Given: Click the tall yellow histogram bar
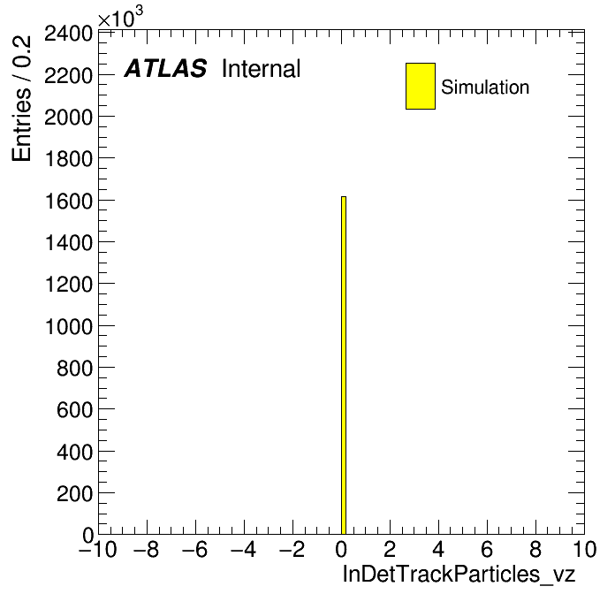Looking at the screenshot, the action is [x=344, y=365].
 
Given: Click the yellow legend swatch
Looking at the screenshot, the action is [x=421, y=86].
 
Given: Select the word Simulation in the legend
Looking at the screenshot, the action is [x=485, y=88].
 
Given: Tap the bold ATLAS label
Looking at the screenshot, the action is [x=165, y=68].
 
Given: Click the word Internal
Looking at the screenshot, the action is [x=262, y=69].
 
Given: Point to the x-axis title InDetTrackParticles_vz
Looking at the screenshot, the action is [x=459, y=574].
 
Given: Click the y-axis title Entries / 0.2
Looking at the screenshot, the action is [x=21, y=98].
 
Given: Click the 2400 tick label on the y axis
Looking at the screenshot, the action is [x=68, y=34].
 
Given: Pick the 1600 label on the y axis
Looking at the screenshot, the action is [x=69, y=202].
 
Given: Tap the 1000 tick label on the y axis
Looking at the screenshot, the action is [x=69, y=326].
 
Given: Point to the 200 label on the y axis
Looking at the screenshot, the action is [x=74, y=493].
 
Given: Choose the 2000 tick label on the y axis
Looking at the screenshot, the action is [x=68, y=118].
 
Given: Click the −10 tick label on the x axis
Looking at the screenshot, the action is [x=98, y=549].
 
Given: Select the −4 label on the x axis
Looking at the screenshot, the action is [x=243, y=549].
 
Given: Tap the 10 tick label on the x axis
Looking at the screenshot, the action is [x=585, y=549].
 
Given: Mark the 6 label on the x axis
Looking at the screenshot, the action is [x=487, y=549].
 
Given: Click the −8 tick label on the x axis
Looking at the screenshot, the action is [x=147, y=549].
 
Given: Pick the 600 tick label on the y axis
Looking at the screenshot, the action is [x=74, y=410].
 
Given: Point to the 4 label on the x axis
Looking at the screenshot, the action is [x=438, y=549].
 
